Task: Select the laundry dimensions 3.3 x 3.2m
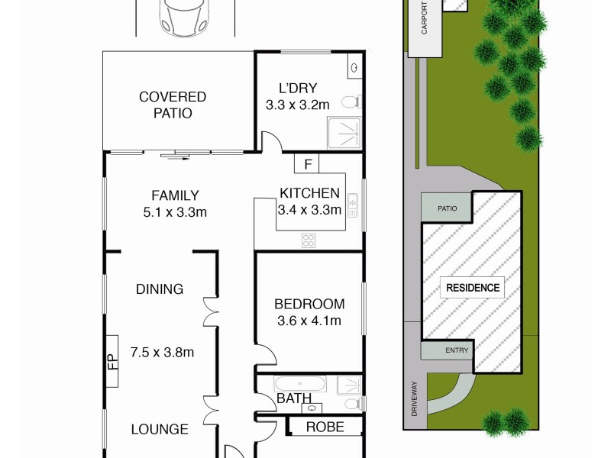(x=298, y=105)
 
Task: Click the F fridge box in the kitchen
(x=307, y=163)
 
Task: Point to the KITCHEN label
(x=309, y=192)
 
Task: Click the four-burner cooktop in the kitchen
(x=309, y=240)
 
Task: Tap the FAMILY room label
(x=175, y=195)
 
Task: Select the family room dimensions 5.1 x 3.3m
(x=175, y=212)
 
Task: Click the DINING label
(x=160, y=289)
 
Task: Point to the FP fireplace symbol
(x=112, y=360)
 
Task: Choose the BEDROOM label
(x=309, y=304)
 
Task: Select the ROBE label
(x=325, y=427)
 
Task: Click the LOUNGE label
(x=160, y=430)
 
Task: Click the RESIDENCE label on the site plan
(x=474, y=288)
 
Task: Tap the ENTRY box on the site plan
(x=448, y=351)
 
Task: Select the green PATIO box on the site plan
(x=447, y=208)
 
